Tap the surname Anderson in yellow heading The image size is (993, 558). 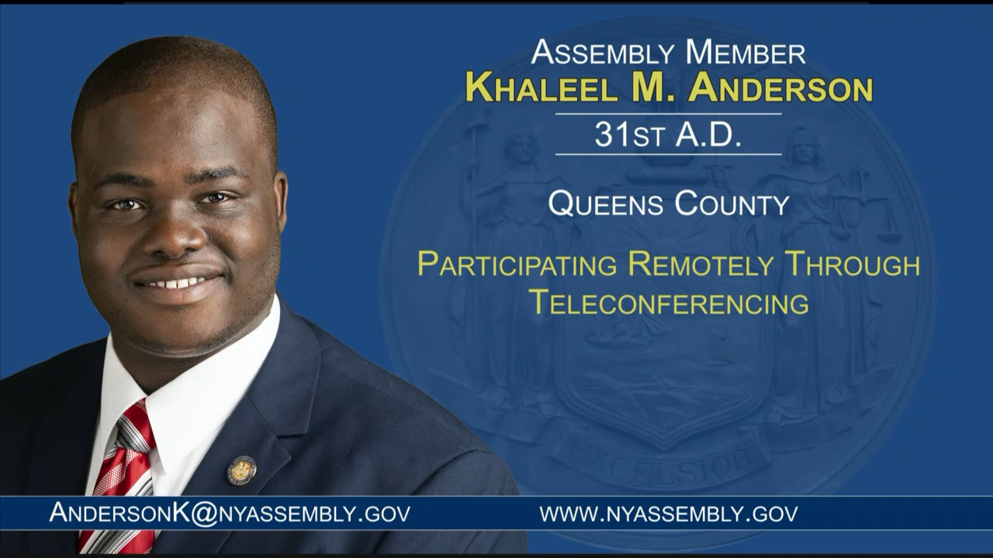click(x=780, y=88)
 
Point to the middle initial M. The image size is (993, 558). click(x=652, y=88)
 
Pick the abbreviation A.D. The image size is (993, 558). click(x=708, y=134)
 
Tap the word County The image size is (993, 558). click(x=732, y=203)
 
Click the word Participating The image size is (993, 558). click(x=517, y=264)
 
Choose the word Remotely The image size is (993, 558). click(x=701, y=264)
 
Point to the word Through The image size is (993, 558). click(x=852, y=264)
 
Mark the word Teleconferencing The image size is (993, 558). click(x=669, y=302)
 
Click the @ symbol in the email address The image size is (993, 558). click(x=204, y=513)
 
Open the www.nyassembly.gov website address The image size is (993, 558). click(x=669, y=513)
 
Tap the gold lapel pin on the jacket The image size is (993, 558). click(x=241, y=470)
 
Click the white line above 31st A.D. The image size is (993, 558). click(x=668, y=114)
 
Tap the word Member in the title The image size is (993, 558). click(x=746, y=52)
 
